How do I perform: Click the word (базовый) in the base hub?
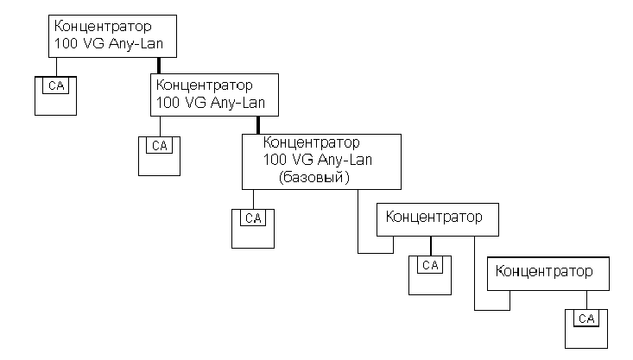(314, 177)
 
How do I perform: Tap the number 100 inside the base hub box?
(275, 160)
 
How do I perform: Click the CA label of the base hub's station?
(253, 218)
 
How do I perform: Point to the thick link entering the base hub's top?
(258, 125)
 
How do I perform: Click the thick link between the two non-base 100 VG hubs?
(159, 66)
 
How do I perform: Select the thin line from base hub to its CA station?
(254, 199)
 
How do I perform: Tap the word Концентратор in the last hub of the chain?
(544, 271)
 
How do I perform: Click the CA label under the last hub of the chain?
(586, 319)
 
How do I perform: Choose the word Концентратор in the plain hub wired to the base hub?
(434, 218)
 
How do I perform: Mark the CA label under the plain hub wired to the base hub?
(430, 265)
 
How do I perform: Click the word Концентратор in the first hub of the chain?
(103, 26)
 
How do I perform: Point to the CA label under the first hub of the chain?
(56, 85)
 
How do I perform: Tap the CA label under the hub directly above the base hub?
(160, 146)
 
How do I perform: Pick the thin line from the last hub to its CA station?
(587, 300)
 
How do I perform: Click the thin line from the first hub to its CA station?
(56, 66)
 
